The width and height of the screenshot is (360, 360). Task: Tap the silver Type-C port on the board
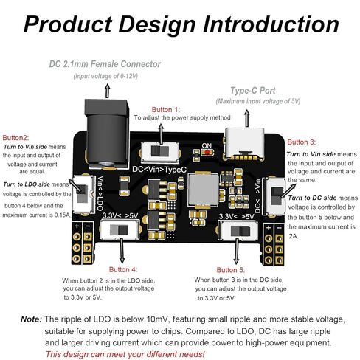point(244,144)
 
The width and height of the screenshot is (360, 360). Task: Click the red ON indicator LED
point(208,153)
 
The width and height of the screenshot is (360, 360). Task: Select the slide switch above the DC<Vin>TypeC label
point(160,151)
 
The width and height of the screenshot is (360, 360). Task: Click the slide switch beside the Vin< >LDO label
point(83,194)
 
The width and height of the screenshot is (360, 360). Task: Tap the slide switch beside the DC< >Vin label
point(276,196)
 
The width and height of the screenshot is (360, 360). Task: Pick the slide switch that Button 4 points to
point(120,230)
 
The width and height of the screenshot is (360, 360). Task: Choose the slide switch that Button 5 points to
point(238,231)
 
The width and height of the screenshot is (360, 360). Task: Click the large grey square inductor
point(203,190)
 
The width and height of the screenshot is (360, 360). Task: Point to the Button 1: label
point(166,109)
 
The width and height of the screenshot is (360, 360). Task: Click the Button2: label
point(15,138)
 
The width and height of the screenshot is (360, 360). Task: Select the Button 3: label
point(302,142)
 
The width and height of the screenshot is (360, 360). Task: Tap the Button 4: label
point(123,269)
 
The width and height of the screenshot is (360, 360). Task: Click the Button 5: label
point(231,270)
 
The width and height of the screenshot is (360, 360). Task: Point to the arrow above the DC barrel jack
point(107,91)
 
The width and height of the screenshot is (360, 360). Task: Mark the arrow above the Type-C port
point(247,118)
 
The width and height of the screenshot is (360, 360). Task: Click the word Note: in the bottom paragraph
point(32,319)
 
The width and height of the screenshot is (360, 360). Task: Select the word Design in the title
point(157,24)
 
